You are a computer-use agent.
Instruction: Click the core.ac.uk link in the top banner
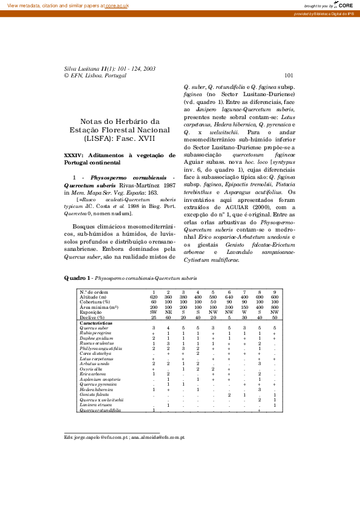[x=119, y=5]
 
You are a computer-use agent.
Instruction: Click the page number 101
[x=289, y=76]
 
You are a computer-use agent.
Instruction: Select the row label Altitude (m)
[x=93, y=297]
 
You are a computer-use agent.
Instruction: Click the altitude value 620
[x=154, y=297]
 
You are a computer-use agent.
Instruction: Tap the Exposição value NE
[x=168, y=312]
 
